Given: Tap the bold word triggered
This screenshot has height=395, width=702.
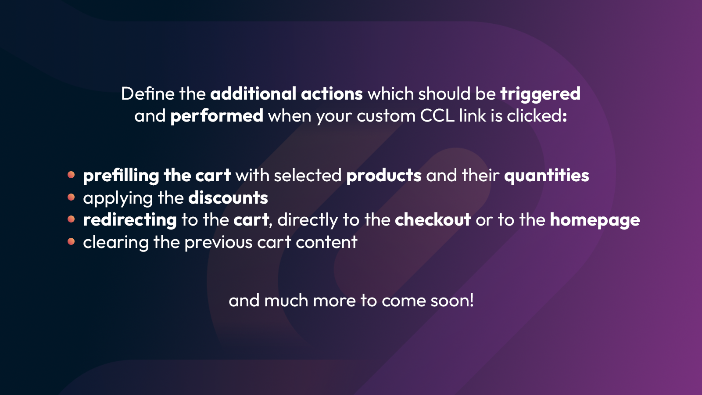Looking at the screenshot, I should [x=540, y=94].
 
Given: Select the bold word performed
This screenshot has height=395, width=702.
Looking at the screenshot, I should [x=216, y=116].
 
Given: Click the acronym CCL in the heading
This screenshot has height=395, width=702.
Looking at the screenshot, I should [x=437, y=116].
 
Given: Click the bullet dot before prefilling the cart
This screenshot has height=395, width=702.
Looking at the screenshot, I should [x=71, y=175].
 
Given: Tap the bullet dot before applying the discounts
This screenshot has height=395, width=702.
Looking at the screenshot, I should [x=71, y=197].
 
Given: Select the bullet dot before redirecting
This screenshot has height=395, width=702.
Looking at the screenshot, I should [x=71, y=219].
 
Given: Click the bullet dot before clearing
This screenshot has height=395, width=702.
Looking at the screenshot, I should [x=71, y=241].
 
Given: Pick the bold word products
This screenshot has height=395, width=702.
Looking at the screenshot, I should [x=383, y=176].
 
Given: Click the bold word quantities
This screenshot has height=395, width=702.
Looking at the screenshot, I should [x=546, y=176].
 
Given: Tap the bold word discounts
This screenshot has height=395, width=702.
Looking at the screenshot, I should [x=228, y=198].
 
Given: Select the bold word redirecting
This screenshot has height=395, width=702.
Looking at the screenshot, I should [x=129, y=220].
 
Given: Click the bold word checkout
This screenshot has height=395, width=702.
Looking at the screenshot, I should [x=433, y=220].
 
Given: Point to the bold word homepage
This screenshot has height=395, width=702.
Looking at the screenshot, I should [x=595, y=220].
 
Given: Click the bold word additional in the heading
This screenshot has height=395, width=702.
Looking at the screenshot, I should [x=253, y=94].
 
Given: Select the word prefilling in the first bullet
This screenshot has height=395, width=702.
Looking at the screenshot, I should [x=121, y=176].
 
